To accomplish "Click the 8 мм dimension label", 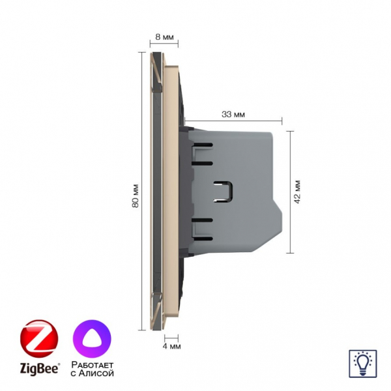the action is (164, 37).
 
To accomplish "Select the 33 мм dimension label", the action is (233, 115).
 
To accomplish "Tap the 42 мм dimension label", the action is (297, 192).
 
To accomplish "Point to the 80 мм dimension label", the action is (136, 196).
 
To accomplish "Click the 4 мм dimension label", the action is (171, 347).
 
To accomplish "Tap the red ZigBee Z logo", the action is (39, 339).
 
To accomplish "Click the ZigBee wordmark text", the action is (40, 369).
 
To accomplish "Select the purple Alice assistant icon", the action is (92, 339).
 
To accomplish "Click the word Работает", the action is (93, 365).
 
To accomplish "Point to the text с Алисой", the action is (93, 373).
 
